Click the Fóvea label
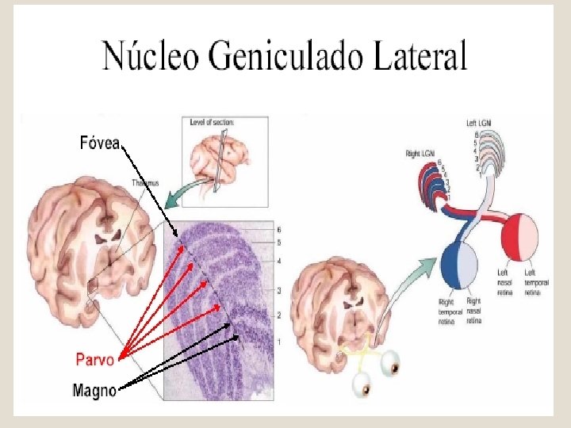click(x=99, y=143)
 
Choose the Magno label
click(x=94, y=389)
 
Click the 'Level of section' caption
click(x=213, y=123)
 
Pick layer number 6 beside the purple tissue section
click(x=278, y=229)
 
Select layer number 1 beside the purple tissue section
click(x=278, y=341)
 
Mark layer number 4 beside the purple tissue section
click(x=278, y=261)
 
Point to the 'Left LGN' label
click(x=481, y=124)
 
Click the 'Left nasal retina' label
click(x=504, y=282)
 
